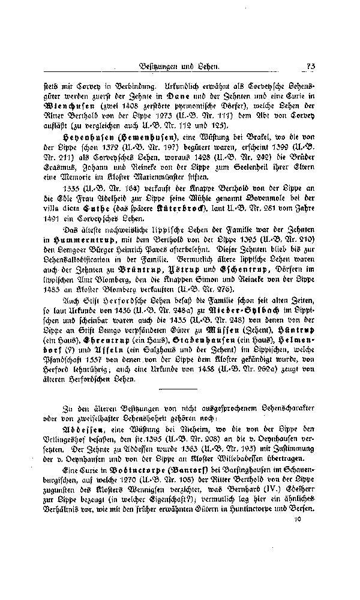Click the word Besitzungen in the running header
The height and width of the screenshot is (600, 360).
[x=159, y=67]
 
